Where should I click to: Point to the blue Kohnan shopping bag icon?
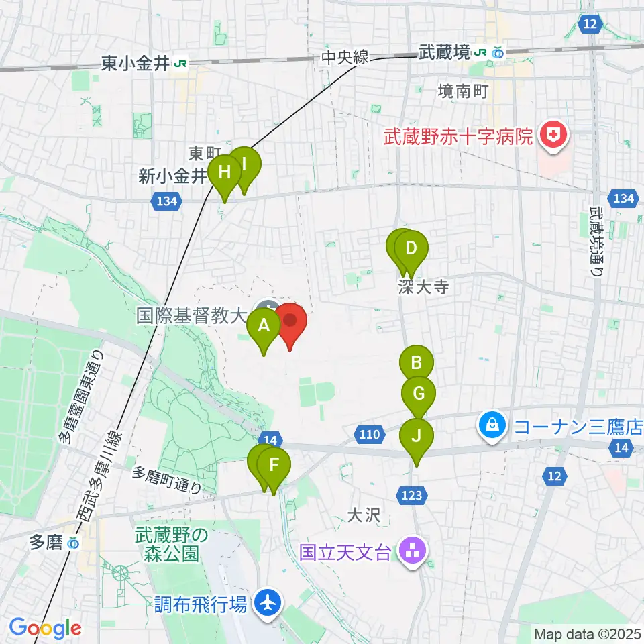coord(492,425)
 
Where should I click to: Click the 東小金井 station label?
coord(136,63)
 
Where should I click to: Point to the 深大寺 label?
coord(422,288)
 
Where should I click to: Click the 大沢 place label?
coord(364,515)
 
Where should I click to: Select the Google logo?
coord(45,629)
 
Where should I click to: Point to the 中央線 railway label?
coord(345,58)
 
